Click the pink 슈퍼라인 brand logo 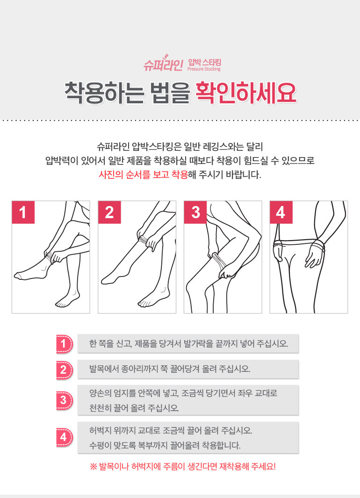163,64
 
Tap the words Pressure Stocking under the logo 204,69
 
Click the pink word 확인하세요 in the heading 246,93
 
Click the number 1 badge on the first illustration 23,212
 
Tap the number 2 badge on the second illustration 109,212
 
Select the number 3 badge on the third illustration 195,212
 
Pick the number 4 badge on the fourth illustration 281,212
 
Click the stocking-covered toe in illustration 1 18,276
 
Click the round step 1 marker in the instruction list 64,344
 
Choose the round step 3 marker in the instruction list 64,400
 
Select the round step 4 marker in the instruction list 64,437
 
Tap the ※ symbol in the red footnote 93,467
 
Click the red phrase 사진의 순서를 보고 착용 144,174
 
